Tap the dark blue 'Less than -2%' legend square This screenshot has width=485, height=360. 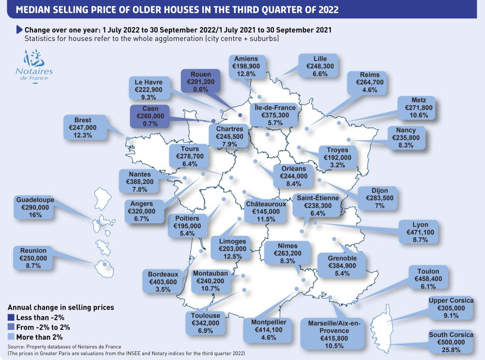click(11, 317)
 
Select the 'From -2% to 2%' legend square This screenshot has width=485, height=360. click(11, 327)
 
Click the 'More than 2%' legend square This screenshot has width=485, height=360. click(11, 337)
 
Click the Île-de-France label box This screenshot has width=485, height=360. click(275, 115)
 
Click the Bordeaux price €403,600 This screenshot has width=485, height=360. click(162, 282)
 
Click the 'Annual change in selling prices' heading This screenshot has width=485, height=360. click(61, 307)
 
